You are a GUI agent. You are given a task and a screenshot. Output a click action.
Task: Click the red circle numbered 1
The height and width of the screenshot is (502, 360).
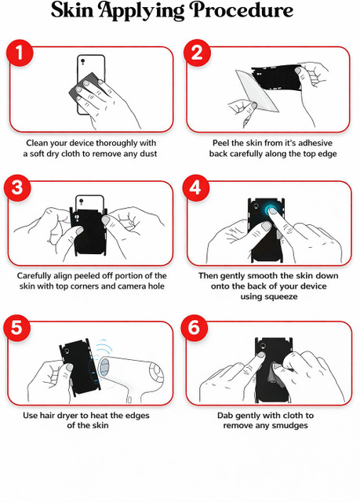pyautogui.click(x=20, y=53)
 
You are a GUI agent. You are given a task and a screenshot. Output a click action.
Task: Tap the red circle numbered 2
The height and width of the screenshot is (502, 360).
pyautogui.click(x=197, y=53)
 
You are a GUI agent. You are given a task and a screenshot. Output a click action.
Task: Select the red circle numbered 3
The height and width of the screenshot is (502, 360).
pyautogui.click(x=17, y=188)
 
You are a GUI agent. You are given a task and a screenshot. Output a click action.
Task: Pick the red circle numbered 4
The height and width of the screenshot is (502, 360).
pyautogui.click(x=196, y=188)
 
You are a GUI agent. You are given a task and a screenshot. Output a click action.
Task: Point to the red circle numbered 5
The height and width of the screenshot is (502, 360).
pyautogui.click(x=17, y=328)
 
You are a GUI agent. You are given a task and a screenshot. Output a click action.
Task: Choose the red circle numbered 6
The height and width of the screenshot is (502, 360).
pyautogui.click(x=195, y=328)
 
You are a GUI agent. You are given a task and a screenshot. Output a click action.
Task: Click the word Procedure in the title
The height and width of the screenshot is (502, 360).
pyautogui.click(x=242, y=10)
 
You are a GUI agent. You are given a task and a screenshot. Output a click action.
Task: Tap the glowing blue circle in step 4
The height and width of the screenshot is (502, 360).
pyautogui.click(x=271, y=210)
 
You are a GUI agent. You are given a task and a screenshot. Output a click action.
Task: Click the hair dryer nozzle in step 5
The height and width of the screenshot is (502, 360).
pyautogui.click(x=104, y=368)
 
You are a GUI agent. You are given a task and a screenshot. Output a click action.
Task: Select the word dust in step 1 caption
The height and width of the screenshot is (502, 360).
pyautogui.click(x=147, y=154)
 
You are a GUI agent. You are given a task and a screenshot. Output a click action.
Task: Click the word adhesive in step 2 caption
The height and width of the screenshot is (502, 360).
pyautogui.click(x=315, y=143)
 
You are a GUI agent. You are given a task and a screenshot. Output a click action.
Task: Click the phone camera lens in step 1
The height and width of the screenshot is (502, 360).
pyautogui.click(x=82, y=61)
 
